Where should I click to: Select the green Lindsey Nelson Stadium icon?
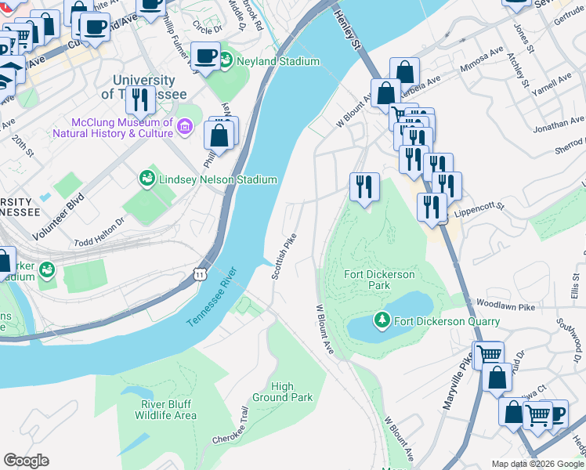(x=147, y=179)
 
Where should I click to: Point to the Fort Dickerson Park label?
(x=367, y=280)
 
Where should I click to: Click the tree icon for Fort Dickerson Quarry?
(x=382, y=320)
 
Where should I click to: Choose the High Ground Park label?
(x=291, y=392)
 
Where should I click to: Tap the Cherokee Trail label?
(x=230, y=426)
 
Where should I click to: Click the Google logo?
(x=26, y=461)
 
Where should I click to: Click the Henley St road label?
(x=348, y=32)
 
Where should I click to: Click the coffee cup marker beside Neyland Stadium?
(x=206, y=57)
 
